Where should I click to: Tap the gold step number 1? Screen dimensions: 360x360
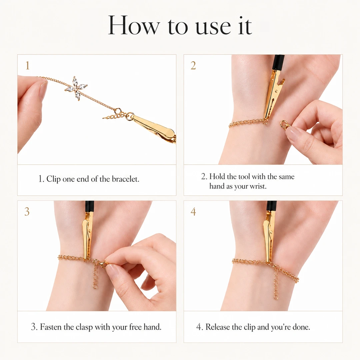click(x=28, y=65)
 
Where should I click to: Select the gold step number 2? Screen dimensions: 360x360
click(x=193, y=65)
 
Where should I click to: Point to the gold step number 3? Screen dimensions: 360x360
click(x=27, y=211)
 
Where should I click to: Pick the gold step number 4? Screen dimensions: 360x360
click(x=193, y=211)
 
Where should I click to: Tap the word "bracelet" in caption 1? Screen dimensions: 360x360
click(x=125, y=179)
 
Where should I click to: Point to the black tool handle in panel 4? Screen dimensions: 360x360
click(x=271, y=207)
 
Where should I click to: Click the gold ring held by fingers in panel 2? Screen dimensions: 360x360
click(x=283, y=124)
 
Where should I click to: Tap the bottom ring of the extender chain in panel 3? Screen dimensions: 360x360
click(x=95, y=286)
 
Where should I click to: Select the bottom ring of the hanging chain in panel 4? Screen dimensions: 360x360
click(x=276, y=297)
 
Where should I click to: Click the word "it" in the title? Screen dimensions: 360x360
click(x=245, y=26)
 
